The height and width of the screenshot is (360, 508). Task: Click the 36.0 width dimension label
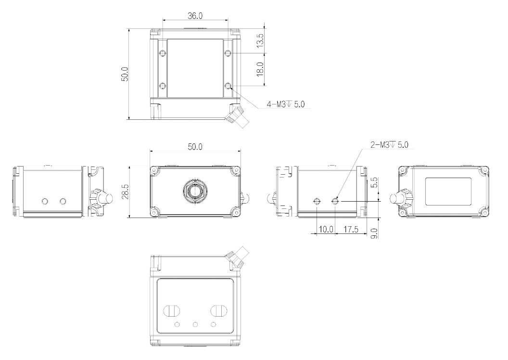[195, 15]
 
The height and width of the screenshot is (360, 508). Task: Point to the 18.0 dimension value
[260, 69]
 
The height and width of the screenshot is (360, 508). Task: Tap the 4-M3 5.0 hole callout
[285, 104]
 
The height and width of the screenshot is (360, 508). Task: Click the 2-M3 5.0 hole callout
[389, 144]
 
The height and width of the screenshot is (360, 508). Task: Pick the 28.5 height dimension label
[126, 192]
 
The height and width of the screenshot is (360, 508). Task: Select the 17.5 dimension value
[351, 230]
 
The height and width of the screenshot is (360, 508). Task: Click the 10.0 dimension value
[326, 230]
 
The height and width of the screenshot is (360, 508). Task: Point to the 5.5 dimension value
[374, 182]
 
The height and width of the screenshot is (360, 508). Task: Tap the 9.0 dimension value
[374, 233]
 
